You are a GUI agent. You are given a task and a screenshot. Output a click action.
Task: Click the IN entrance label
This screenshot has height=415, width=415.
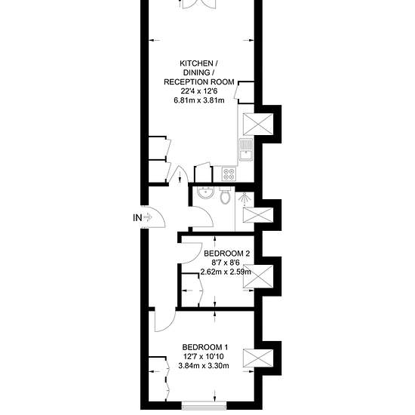click(137, 218)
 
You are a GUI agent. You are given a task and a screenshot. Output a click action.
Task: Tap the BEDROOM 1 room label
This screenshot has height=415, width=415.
click(205, 347)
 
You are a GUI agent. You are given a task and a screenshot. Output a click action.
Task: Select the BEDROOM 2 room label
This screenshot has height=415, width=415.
click(227, 254)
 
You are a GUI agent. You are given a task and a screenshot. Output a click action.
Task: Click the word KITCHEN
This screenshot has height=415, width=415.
click(196, 63)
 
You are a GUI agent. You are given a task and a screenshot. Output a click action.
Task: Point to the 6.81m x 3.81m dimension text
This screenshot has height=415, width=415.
click(199, 100)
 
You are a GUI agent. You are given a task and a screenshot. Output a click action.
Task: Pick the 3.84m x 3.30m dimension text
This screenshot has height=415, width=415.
click(204, 366)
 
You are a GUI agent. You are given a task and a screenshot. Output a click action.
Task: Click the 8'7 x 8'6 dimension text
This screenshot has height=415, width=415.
click(226, 263)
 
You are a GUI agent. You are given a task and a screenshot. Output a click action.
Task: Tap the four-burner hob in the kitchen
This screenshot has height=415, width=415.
click(229, 174)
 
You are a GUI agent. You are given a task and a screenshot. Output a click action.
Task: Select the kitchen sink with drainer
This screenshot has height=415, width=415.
click(246, 149)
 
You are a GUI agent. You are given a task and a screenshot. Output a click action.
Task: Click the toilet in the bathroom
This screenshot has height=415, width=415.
click(226, 196)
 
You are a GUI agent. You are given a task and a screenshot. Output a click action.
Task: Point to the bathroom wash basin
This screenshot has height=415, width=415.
click(206, 192)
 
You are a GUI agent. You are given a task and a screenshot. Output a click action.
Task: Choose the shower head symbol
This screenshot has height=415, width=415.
click(244, 198)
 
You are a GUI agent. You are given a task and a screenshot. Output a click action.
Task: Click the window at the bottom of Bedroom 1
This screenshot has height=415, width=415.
click(204, 405)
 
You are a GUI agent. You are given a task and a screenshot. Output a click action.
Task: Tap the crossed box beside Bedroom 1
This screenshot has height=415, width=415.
click(258, 358)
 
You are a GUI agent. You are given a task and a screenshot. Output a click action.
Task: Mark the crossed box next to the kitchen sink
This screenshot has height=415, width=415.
click(258, 124)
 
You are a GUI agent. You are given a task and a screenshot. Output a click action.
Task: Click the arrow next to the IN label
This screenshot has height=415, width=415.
click(148, 218)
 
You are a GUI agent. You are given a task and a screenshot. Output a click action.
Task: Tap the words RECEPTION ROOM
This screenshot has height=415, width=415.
click(199, 82)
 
